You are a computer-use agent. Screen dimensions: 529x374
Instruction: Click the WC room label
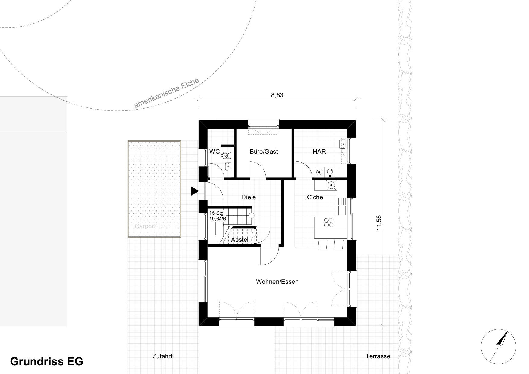(x=214, y=152)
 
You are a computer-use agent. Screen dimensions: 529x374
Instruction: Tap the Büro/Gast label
(x=264, y=152)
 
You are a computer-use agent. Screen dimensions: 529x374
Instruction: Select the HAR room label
(x=319, y=152)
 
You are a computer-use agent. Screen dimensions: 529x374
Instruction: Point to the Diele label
(x=249, y=197)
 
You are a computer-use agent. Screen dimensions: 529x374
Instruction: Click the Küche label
(x=314, y=197)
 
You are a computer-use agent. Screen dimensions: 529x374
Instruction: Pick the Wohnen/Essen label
(x=277, y=282)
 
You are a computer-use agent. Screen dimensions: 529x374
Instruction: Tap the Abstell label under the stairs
(x=240, y=240)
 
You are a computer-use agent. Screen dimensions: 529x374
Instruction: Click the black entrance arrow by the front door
(x=195, y=191)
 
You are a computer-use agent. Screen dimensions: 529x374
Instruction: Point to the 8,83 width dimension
(x=277, y=95)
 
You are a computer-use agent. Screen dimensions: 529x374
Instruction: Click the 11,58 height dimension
(x=379, y=223)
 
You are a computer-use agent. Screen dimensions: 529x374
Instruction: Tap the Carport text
(x=145, y=226)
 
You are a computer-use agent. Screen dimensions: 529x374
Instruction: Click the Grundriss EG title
(x=47, y=361)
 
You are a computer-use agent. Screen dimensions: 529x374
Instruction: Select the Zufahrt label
(x=162, y=356)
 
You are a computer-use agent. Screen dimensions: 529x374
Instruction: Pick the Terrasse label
(x=378, y=356)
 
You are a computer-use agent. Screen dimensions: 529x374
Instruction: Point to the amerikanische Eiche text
(x=167, y=93)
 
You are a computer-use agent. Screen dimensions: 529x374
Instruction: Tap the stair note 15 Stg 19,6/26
(x=217, y=216)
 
